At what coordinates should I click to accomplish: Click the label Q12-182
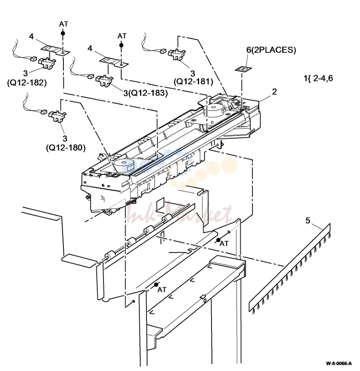click(x=27, y=83)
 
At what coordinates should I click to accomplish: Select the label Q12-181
click(x=193, y=82)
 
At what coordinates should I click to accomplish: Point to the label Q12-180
click(x=65, y=148)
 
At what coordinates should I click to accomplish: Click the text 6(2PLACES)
click(x=271, y=50)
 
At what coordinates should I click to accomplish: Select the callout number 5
click(x=307, y=220)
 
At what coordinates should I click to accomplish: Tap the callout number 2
click(x=275, y=91)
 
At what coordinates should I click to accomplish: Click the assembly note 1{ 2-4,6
click(x=318, y=78)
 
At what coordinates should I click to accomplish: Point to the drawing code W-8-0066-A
click(x=339, y=363)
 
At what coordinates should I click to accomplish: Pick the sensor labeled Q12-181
click(x=177, y=54)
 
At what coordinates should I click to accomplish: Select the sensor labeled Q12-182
click(x=47, y=63)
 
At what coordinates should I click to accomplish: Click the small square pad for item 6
click(x=243, y=69)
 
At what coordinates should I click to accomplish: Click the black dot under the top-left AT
click(x=63, y=33)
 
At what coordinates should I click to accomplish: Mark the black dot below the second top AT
click(x=121, y=45)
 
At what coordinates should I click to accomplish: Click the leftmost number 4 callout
click(x=31, y=37)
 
